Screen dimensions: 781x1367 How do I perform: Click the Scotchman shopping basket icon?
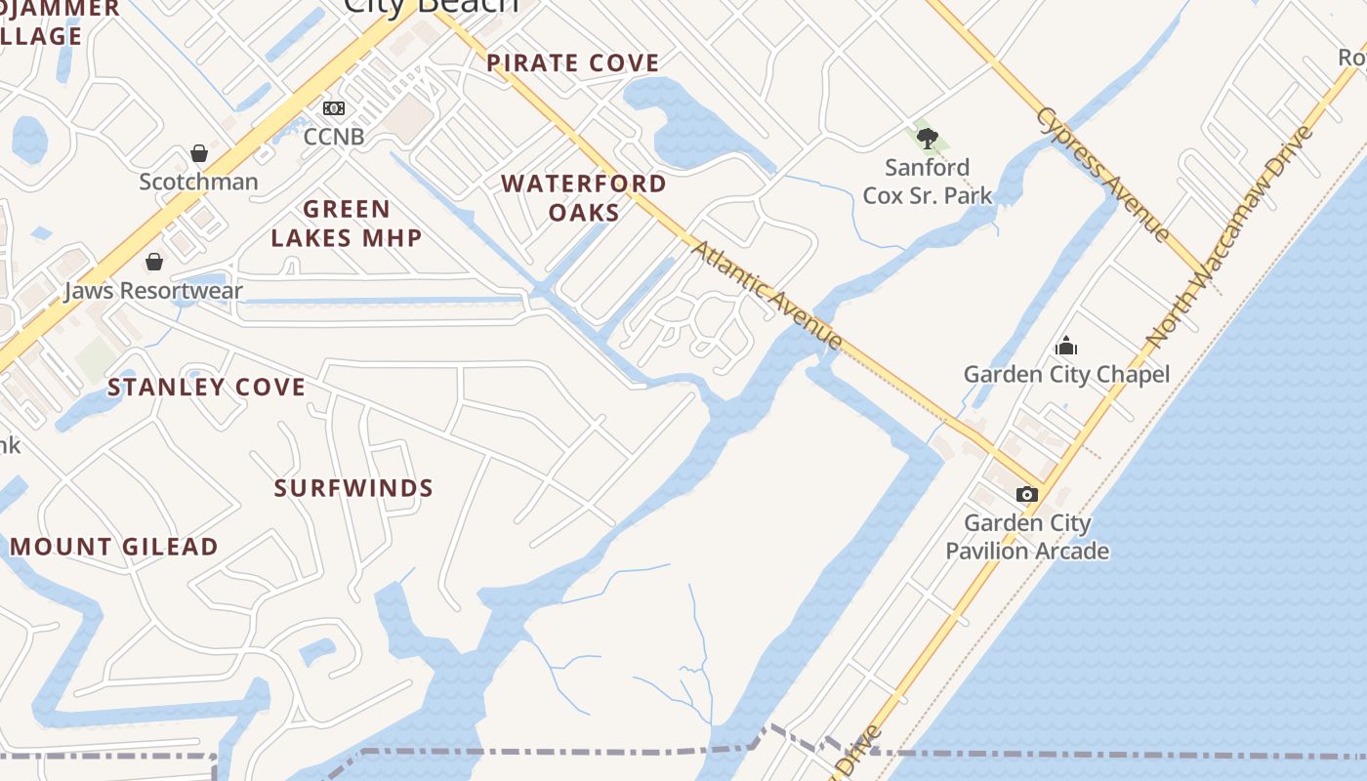click(199, 153)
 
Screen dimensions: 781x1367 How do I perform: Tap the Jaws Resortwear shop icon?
click(153, 262)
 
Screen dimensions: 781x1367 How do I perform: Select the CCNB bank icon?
click(334, 108)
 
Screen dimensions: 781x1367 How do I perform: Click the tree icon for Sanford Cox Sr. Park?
click(928, 139)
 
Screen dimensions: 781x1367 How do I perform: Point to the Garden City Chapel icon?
click(1066, 346)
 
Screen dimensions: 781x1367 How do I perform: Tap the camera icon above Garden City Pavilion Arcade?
click(1026, 495)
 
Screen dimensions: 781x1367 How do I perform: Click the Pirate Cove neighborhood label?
click(573, 63)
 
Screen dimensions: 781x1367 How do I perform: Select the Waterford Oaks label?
click(584, 197)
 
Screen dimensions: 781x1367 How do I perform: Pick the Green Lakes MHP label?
click(347, 223)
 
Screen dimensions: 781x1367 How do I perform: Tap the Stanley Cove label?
click(207, 388)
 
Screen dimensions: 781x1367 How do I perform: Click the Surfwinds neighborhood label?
click(353, 488)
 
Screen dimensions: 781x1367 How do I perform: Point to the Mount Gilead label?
click(114, 547)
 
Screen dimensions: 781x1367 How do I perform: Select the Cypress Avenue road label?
click(1102, 174)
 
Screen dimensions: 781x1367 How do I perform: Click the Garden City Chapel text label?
click(1066, 375)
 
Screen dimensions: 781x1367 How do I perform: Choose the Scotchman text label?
click(198, 182)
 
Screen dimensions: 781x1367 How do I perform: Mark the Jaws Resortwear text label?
click(153, 291)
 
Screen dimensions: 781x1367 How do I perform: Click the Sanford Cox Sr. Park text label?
click(928, 182)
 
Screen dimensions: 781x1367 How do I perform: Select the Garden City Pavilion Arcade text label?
click(1027, 537)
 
